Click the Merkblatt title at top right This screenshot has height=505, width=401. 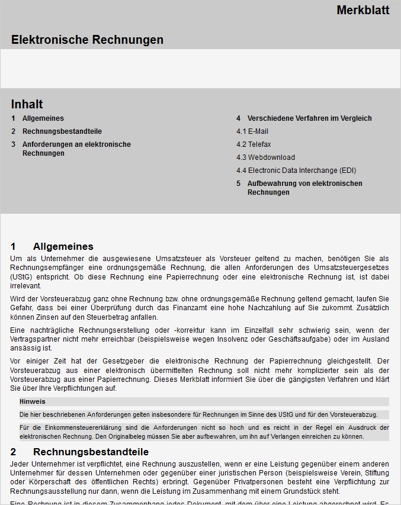362,10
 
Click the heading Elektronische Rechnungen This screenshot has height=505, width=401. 87,40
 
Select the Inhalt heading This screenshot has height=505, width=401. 27,104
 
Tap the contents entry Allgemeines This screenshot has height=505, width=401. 43,118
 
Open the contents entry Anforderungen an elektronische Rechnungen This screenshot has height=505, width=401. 76,149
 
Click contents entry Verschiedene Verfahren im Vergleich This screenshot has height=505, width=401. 309,118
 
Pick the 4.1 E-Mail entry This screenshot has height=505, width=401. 252,131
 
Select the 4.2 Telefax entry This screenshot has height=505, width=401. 254,144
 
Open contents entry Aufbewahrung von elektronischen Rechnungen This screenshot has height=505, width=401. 304,188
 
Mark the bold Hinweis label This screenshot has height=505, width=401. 32,401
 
